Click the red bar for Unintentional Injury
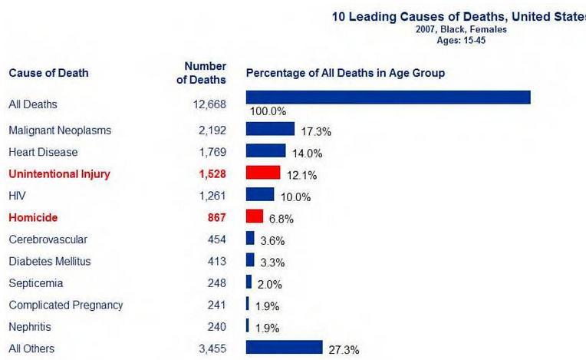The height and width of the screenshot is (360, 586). [x=263, y=172]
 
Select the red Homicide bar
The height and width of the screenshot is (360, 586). [x=255, y=216]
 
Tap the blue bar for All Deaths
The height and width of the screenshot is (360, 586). [x=388, y=97]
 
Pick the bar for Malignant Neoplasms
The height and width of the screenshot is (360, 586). [x=270, y=128]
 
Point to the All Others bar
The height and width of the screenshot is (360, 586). [x=284, y=347]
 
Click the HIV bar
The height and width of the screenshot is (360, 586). [x=260, y=194]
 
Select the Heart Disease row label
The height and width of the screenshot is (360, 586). [x=43, y=152]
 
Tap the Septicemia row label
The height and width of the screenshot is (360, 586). [x=35, y=283]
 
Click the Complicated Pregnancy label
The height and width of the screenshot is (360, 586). [x=66, y=305]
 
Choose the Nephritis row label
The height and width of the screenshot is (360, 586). [x=31, y=326]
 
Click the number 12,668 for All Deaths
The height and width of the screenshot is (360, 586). [x=210, y=104]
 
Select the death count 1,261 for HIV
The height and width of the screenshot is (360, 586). [x=212, y=196]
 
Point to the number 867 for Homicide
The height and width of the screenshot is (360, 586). [x=217, y=218]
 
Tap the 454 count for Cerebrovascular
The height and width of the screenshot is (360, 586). [x=217, y=239]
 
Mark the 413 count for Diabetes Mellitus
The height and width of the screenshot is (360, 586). [x=217, y=261]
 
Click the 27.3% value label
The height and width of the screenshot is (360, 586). [x=343, y=350]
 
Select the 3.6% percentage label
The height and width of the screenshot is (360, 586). [x=273, y=241]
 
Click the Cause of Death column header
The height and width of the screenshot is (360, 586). [x=48, y=73]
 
